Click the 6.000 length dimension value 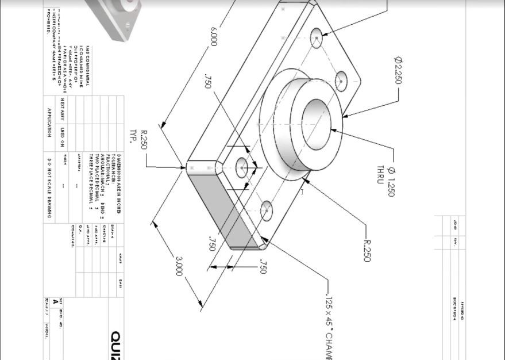[214, 36]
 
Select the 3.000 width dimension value [178, 266]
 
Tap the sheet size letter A [55, 301]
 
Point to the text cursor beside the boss [303, 192]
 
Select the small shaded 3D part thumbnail [115, 17]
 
